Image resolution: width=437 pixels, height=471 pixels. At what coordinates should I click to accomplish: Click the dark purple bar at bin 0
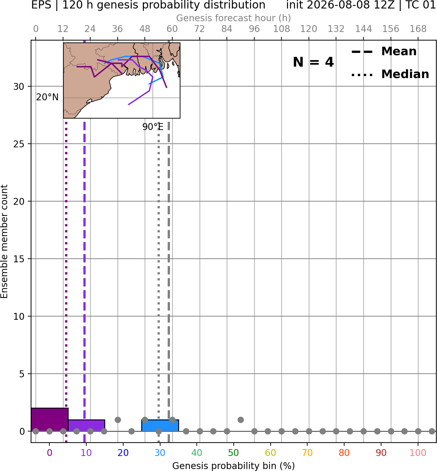50,419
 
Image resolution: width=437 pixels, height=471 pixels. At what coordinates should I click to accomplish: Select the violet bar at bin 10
87,426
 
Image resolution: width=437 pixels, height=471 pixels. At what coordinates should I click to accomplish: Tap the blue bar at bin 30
160,426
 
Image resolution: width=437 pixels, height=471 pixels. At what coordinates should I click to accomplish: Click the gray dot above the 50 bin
241,420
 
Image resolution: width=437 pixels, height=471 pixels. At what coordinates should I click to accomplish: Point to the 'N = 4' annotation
313,62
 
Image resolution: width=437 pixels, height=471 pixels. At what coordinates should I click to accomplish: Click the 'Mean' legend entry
399,52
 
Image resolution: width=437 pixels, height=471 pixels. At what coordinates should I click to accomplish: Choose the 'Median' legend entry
405,74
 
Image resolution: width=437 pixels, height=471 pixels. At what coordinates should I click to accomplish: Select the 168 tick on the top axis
418,29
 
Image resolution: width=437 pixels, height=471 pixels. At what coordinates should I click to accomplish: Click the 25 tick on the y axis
19,144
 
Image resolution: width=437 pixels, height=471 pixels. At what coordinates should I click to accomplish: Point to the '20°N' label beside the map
47,97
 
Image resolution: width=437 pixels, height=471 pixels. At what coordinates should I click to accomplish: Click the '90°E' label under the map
153,127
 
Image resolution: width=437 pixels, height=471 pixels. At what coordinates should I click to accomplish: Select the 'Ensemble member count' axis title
4,241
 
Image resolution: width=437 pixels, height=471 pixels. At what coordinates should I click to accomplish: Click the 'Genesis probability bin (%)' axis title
234,466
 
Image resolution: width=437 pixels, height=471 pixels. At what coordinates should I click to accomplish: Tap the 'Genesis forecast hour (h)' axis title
234,18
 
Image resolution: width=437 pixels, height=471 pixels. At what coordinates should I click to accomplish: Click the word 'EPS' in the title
41,5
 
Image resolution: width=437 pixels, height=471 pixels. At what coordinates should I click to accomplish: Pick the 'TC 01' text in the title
420,5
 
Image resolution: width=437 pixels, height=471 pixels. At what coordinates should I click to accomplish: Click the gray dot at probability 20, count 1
118,420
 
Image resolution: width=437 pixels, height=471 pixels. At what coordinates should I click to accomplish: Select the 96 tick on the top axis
254,29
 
